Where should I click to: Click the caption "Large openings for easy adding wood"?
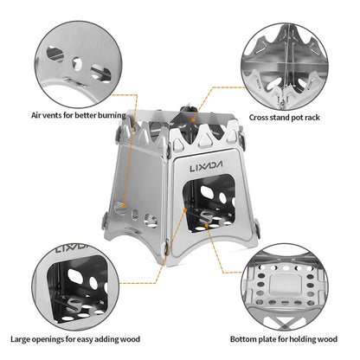coord(74,339)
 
